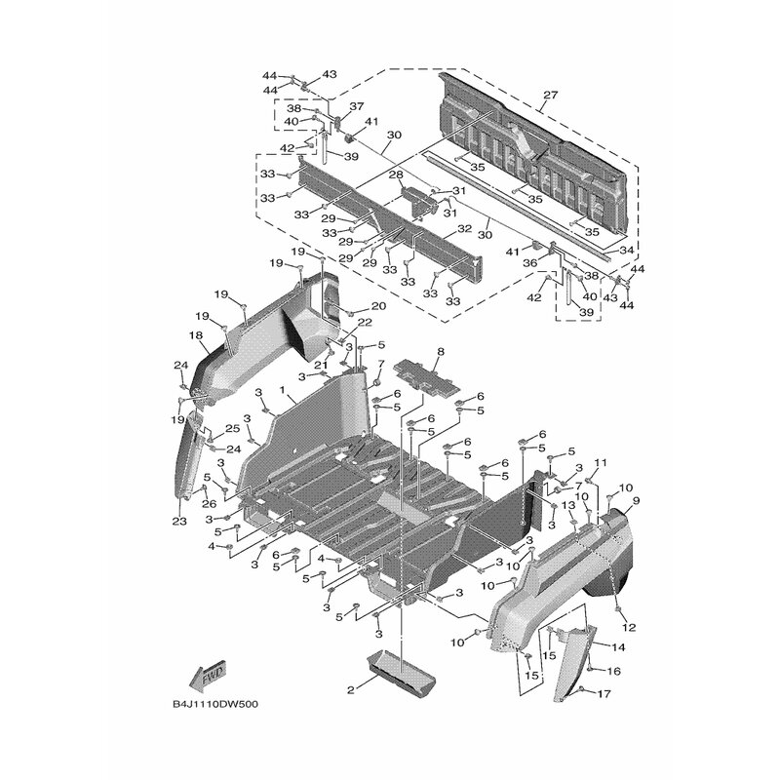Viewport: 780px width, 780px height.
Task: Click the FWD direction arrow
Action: [x=209, y=678]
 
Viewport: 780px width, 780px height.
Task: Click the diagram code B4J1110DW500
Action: [x=215, y=704]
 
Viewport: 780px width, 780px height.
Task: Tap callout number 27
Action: [x=551, y=95]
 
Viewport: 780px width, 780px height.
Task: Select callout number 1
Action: [x=283, y=391]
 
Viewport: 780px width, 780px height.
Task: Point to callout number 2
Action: [x=351, y=690]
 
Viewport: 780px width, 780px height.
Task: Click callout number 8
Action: [x=441, y=352]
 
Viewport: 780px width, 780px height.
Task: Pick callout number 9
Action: [x=637, y=500]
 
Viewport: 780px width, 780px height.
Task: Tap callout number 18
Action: [x=197, y=335]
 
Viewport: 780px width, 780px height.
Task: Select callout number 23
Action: [x=179, y=521]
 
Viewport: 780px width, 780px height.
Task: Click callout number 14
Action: [x=618, y=647]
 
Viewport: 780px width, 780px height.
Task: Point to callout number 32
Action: [x=464, y=229]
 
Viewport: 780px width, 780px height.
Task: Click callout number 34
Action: [x=626, y=250]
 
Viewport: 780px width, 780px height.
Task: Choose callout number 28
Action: [x=396, y=175]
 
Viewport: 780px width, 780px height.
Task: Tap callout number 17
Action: [x=604, y=693]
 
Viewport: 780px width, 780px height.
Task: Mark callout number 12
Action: [x=629, y=628]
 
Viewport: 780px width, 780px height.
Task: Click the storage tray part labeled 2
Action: [x=401, y=672]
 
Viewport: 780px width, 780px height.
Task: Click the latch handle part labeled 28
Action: [x=419, y=202]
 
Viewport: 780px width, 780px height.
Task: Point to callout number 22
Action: [x=365, y=323]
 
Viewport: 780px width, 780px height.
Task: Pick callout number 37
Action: [x=357, y=106]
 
